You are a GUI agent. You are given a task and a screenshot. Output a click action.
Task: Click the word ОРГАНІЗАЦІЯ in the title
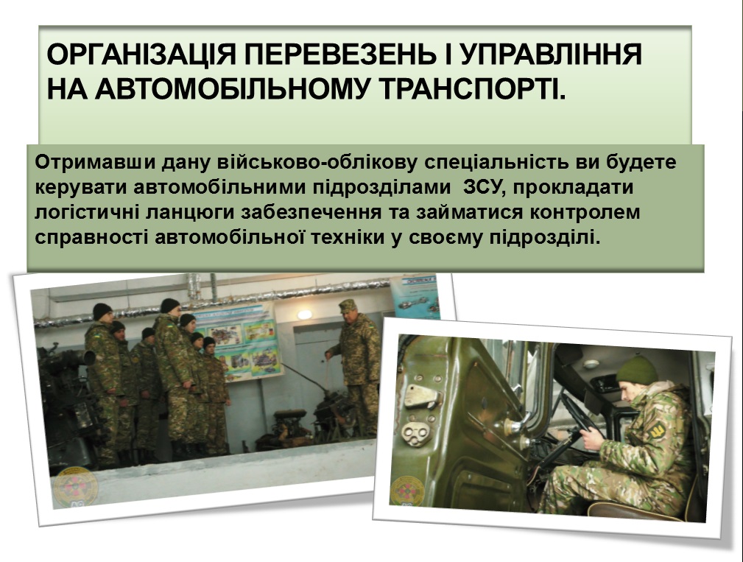[141, 55]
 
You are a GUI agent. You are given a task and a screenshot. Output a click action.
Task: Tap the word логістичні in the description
[86, 212]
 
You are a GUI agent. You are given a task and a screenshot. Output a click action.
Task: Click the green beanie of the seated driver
[637, 370]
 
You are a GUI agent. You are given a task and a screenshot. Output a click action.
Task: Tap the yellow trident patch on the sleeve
[658, 431]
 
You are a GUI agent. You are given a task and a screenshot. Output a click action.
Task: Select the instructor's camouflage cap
[348, 305]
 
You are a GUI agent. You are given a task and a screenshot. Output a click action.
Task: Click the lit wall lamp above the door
[305, 315]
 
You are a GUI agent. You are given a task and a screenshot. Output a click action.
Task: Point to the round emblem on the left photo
[75, 488]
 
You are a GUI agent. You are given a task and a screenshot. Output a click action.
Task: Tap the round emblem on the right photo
[406, 491]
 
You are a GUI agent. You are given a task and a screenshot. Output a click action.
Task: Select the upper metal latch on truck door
[420, 396]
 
